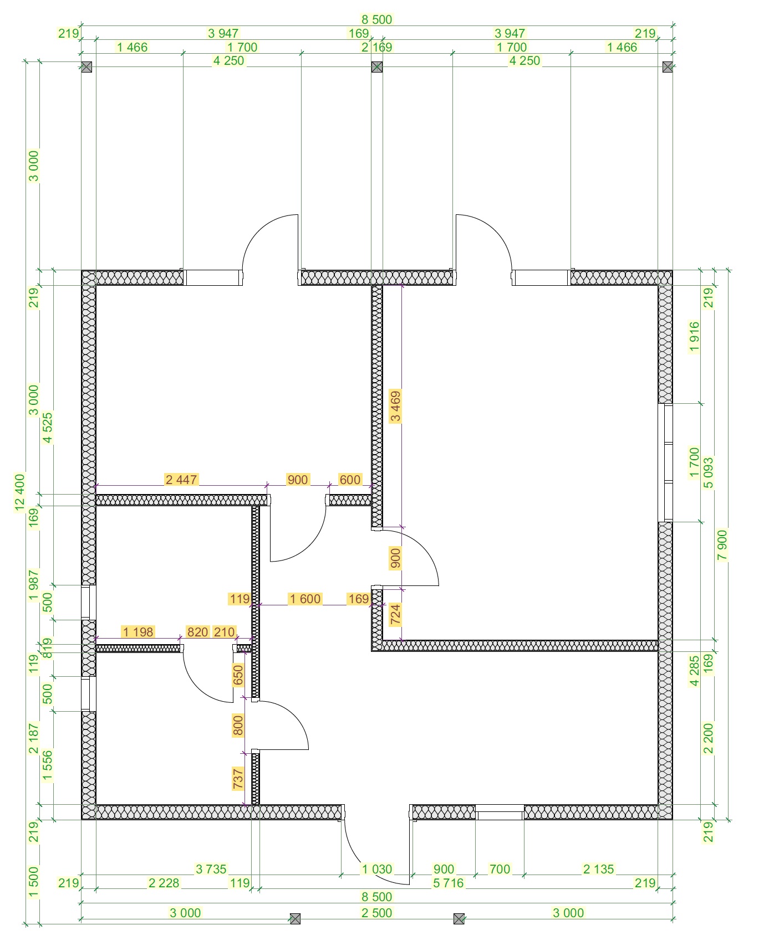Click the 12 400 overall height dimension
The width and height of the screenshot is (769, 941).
(x=20, y=492)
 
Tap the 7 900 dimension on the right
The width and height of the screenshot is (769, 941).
(x=722, y=545)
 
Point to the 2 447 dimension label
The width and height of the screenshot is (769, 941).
(x=181, y=480)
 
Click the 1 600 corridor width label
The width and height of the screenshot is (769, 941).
(x=305, y=599)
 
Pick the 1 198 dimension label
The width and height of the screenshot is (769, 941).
(x=139, y=632)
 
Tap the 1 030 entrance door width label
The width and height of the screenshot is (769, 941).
(x=377, y=869)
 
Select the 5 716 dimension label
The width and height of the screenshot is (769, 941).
(x=448, y=883)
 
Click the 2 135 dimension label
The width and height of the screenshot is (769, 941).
(x=599, y=869)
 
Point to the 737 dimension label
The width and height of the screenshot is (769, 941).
(x=238, y=778)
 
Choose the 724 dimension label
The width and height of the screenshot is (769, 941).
(x=395, y=615)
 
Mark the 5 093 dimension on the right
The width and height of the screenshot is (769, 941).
(x=708, y=472)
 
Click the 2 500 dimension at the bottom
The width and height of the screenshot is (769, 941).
(x=377, y=913)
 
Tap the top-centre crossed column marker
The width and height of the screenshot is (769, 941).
(x=377, y=67)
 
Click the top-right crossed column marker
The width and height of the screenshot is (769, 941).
(x=668, y=67)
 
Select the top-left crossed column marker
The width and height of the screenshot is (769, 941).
(x=86, y=67)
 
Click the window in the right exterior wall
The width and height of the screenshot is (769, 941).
(x=665, y=462)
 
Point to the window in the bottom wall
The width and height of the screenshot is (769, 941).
(x=500, y=812)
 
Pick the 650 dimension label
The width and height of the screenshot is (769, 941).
(x=238, y=675)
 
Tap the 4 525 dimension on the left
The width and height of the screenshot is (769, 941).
(x=48, y=428)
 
